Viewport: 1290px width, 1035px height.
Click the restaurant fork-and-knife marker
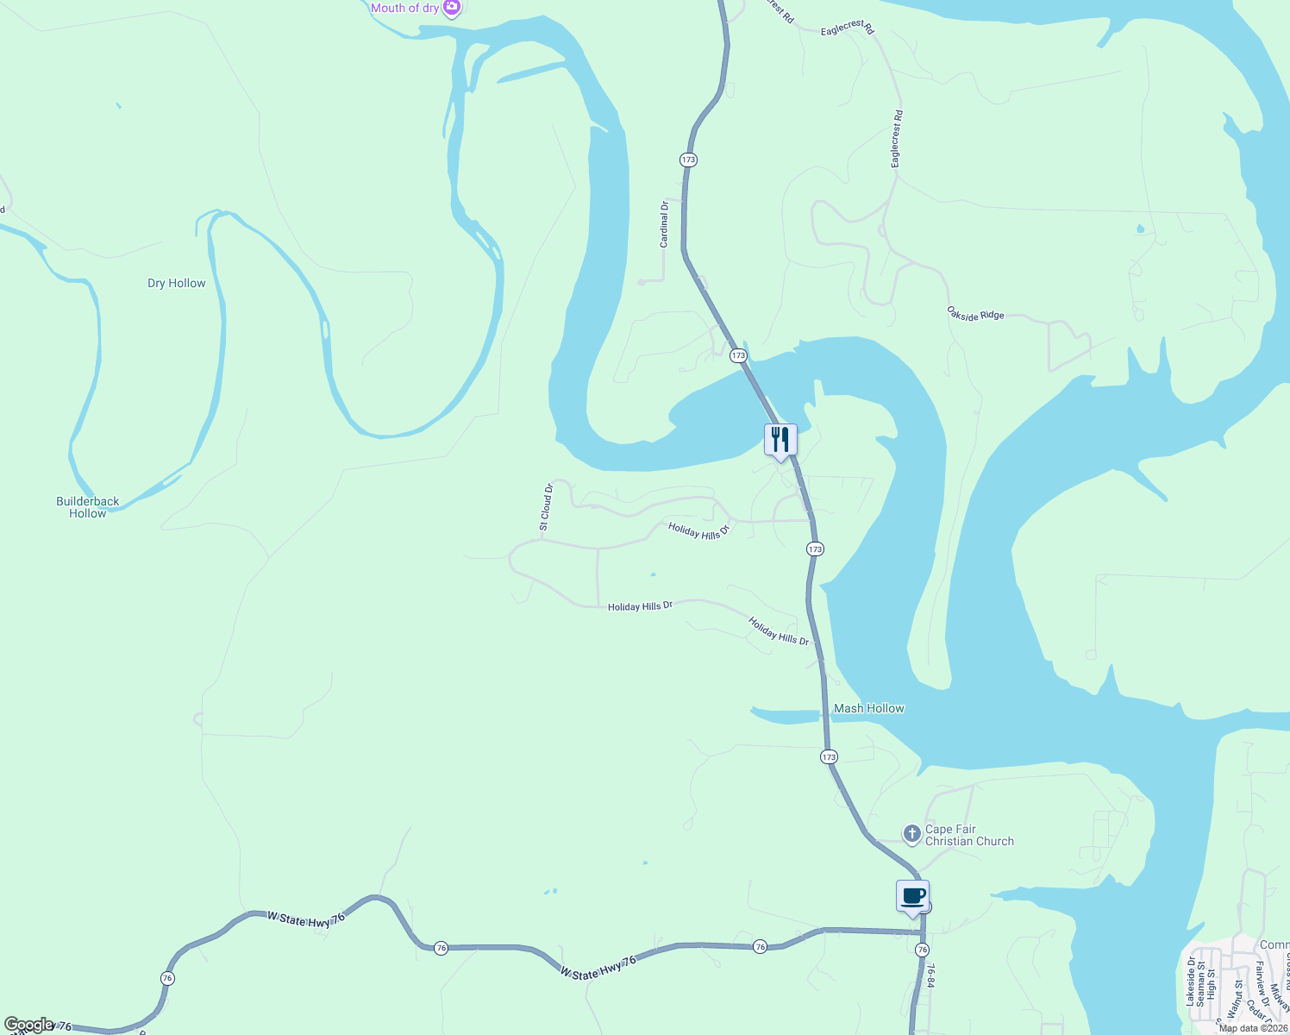point(780,440)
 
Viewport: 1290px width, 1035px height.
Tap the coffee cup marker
point(912,896)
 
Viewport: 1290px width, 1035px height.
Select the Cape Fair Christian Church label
point(969,835)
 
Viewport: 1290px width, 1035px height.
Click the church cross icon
point(911,834)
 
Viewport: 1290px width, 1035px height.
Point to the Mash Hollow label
point(868,708)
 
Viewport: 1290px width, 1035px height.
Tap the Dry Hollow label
point(177,283)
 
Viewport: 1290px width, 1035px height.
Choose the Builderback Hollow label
point(88,507)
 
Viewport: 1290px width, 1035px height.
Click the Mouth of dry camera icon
point(452,8)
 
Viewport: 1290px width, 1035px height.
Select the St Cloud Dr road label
point(546,506)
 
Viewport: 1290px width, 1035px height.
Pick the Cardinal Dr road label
point(664,224)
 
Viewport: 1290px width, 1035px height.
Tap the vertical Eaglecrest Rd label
point(897,139)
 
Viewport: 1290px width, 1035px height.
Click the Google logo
point(29,1025)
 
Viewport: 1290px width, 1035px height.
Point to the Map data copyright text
point(1253,1028)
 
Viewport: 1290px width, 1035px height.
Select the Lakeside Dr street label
point(1191,982)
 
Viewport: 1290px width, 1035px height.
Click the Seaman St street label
point(1201,985)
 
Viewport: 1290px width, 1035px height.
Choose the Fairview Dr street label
point(1261,984)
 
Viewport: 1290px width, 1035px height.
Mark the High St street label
point(1212,985)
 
